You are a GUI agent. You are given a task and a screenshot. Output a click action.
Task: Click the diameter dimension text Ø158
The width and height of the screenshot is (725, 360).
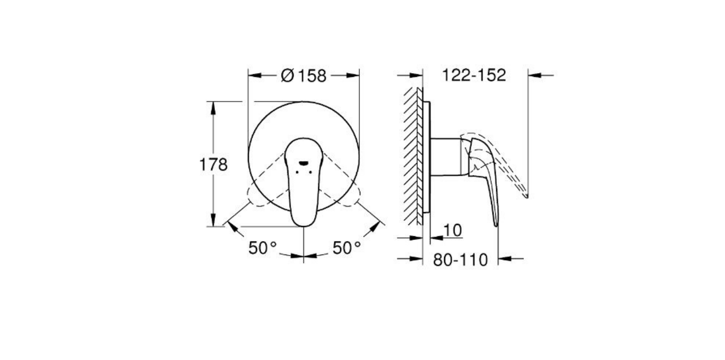coord(303,76)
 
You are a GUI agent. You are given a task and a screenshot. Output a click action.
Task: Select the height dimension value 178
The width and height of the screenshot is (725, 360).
coord(213,165)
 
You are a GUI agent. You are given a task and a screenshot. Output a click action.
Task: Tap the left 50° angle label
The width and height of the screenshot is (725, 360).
coord(263,247)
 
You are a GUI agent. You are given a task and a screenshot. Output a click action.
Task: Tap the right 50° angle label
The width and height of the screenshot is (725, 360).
coord(347,247)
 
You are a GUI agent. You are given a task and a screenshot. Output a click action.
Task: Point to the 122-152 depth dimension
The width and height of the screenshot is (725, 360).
coord(474,75)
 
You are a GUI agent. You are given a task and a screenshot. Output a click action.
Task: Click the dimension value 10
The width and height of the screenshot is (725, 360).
coord(452,230)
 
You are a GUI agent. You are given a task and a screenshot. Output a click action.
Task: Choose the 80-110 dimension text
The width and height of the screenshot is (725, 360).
coord(460,260)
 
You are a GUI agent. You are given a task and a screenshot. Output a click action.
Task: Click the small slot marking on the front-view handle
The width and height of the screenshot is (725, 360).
coord(303,163)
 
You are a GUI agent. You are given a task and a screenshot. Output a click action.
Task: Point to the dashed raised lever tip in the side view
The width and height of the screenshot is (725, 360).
coord(525,194)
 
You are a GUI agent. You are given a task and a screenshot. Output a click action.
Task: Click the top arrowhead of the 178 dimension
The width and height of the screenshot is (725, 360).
coord(213,107)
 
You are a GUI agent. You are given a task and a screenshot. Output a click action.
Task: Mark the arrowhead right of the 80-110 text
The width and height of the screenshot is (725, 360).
coord(504,259)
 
